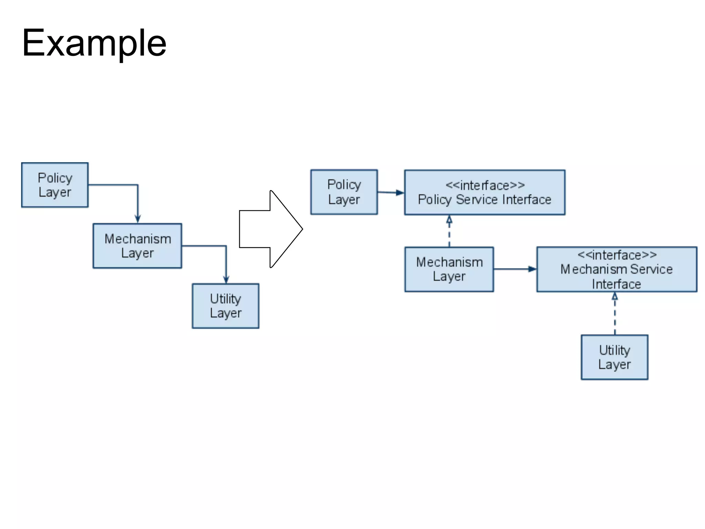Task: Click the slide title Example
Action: click(94, 43)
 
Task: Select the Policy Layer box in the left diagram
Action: click(55, 185)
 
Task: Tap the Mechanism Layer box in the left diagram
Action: click(137, 246)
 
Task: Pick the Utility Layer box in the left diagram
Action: click(225, 306)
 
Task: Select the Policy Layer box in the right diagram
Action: click(344, 192)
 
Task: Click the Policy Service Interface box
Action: click(484, 193)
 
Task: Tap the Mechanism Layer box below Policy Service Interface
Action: click(449, 269)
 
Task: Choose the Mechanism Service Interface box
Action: click(617, 269)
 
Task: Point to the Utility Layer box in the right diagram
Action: click(614, 357)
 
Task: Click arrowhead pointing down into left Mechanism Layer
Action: click(138, 219)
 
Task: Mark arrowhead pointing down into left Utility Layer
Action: click(226, 279)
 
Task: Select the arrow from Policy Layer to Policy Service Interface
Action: click(391, 193)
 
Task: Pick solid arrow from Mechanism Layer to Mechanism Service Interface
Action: click(515, 269)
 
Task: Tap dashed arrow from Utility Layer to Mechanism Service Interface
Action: click(615, 313)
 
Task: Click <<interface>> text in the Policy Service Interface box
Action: click(485, 185)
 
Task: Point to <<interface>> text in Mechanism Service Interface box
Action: click(617, 255)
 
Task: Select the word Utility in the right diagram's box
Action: click(614, 350)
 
